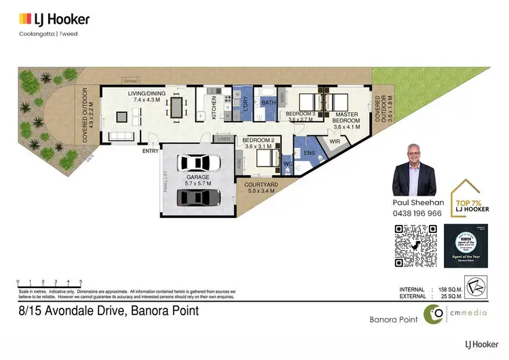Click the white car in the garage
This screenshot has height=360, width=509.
[197, 164]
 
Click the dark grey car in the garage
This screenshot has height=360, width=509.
[197, 197]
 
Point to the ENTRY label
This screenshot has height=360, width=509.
[151, 151]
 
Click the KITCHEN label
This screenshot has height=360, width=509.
[214, 108]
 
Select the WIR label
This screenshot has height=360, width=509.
[334, 141]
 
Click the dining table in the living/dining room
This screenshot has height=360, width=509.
[178, 107]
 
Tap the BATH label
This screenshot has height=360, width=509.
[267, 103]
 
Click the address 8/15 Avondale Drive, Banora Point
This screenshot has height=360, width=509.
[108, 312]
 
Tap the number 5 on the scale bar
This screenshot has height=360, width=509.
[81, 281]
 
